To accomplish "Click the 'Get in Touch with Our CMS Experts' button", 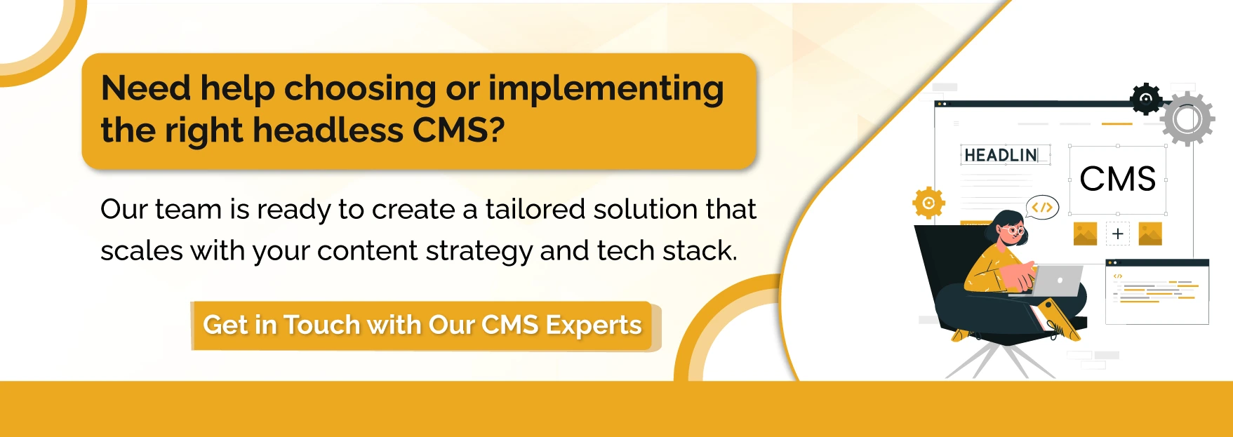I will coord(422,325).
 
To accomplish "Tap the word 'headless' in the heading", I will coord(328,130).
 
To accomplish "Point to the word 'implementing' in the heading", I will coord(606,90).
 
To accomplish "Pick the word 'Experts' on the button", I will coord(593,325).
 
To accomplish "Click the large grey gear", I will coord(1187,119).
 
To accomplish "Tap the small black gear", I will coord(1146,99).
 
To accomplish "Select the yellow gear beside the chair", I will coord(928,203).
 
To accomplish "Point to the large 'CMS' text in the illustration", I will coord(1117,180).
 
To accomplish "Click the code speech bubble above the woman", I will coord(1042,207).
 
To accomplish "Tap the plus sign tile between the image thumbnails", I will coord(1117,234).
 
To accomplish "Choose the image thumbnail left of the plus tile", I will coord(1085,234).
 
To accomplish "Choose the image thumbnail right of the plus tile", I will coord(1150,234).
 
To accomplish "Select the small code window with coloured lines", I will coord(1157,292).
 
